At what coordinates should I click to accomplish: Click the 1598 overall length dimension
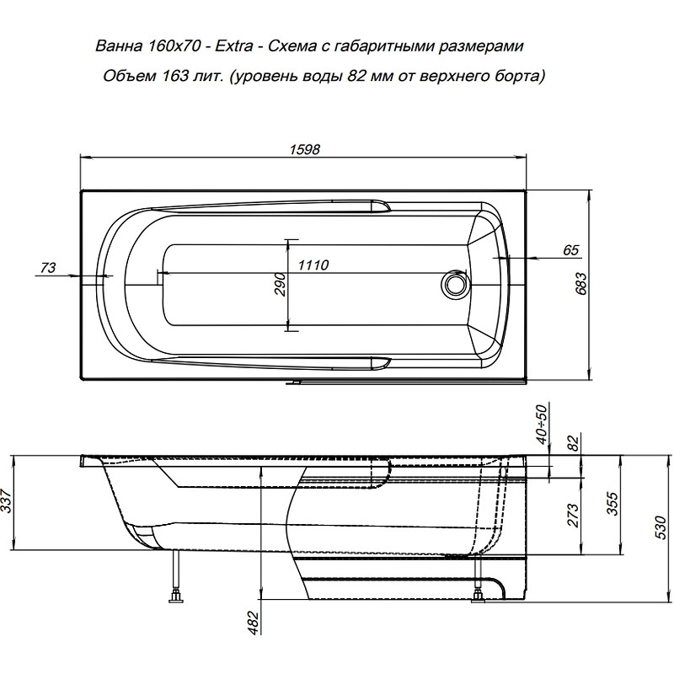coord(304,150)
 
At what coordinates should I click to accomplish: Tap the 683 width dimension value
coord(580,284)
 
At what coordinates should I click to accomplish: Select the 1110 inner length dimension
coord(313,265)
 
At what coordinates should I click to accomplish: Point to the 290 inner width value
coord(280,284)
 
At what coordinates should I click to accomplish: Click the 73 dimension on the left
coord(48,268)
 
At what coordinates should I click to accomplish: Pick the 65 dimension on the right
coord(571,249)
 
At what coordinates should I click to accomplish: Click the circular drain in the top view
coord(454,284)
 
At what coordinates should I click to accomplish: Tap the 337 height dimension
coord(7,502)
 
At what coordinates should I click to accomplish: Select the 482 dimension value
coord(254,623)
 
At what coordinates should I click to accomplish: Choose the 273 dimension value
coord(573,515)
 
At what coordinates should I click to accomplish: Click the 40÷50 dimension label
coord(542,425)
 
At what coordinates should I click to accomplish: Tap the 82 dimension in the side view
coord(574,443)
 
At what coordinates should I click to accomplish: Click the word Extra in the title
coord(234,45)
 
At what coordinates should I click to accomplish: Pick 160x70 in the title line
coord(174,45)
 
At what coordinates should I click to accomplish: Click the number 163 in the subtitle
coord(176,76)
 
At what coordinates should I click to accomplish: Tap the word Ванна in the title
coord(119,45)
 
